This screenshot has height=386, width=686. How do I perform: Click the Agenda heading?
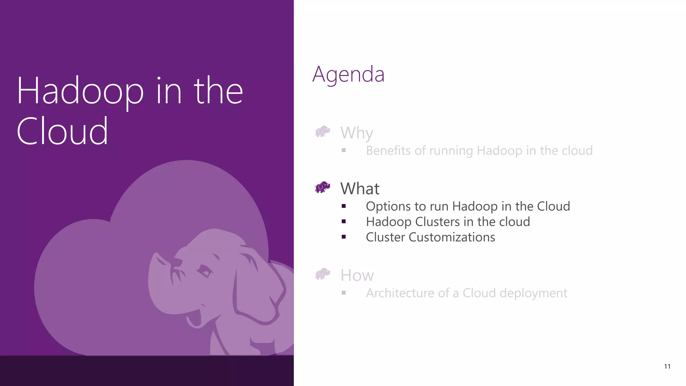[x=348, y=74]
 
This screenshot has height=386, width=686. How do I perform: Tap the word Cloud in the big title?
[x=62, y=131]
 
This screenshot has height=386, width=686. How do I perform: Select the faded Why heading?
[x=357, y=133]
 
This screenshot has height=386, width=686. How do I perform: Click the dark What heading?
[x=360, y=189]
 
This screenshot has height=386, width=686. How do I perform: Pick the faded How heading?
[x=357, y=275]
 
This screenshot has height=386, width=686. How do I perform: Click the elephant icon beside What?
[x=323, y=187]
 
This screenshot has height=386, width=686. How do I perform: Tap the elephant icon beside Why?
[x=323, y=132]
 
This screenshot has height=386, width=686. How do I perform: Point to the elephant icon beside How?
[x=323, y=274]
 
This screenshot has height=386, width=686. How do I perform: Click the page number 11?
[x=667, y=367]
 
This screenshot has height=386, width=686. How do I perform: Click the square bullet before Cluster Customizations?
[x=344, y=237]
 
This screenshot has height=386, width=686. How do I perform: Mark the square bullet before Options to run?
[x=344, y=206]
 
